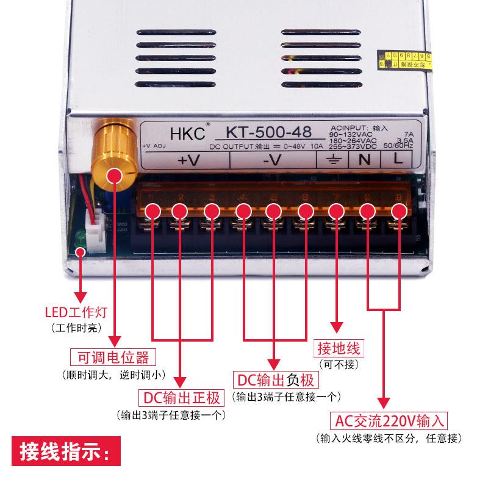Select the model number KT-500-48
point(269,131)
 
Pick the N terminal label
point(363,161)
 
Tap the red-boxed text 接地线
point(337,349)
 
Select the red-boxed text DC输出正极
point(181,398)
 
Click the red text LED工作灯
point(76,313)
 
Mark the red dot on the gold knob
point(113,176)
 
